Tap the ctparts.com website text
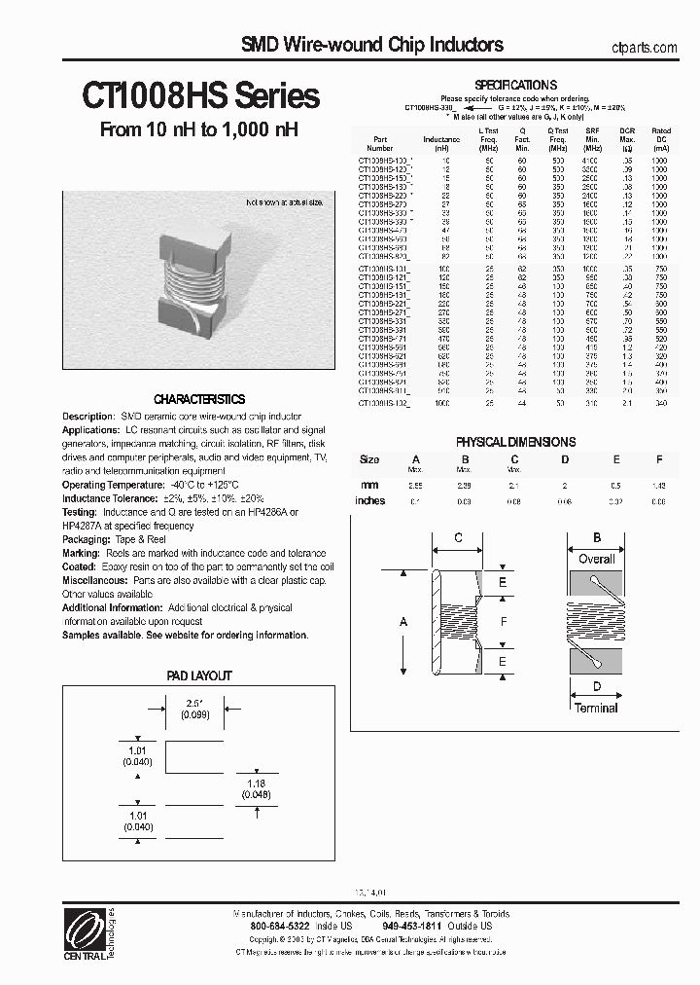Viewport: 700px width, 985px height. point(646,47)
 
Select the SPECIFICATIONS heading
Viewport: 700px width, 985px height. point(515,85)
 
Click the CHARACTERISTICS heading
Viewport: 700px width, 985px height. point(200,399)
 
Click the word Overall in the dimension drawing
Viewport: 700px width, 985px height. point(597,559)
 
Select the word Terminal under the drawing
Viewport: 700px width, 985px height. point(595,708)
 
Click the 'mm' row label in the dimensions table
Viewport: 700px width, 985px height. point(369,483)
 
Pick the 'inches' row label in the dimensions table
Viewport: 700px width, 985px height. point(370,501)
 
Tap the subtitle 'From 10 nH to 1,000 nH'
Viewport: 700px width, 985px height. point(199,130)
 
